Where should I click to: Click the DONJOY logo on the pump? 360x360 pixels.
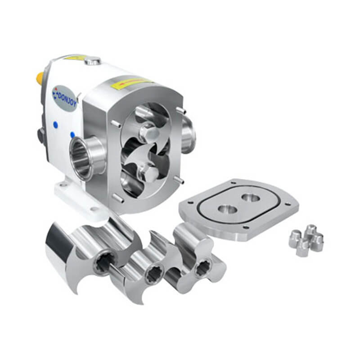tap(66, 95)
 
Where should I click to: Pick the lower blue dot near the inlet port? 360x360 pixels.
tap(72, 135)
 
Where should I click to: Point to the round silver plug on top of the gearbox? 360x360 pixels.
tap(92, 60)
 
